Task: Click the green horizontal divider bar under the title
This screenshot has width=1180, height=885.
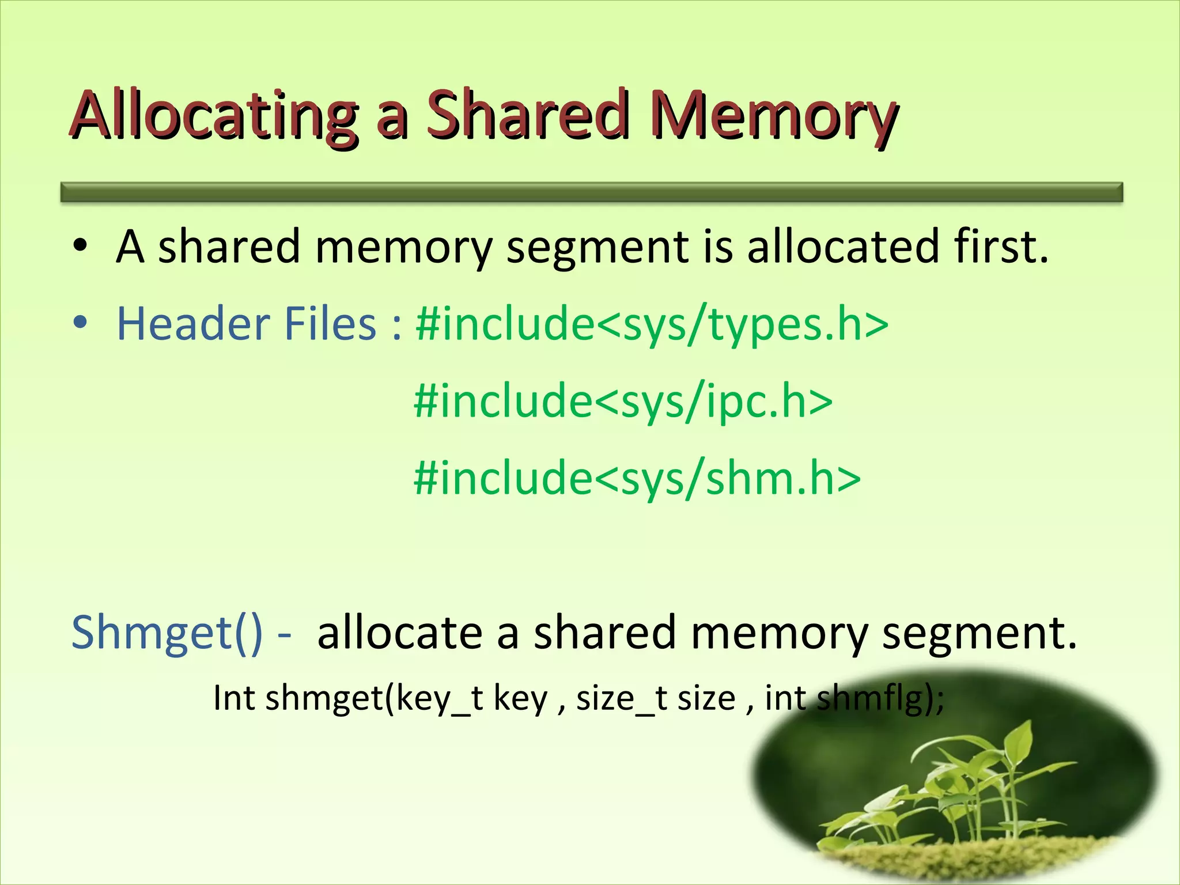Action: (592, 192)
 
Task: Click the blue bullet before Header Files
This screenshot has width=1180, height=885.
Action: (80, 324)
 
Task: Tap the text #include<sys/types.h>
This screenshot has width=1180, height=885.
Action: (652, 324)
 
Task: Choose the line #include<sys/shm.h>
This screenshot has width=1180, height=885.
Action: (637, 478)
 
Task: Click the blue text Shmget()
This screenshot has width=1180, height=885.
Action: (167, 633)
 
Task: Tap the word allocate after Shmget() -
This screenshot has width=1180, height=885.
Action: (400, 633)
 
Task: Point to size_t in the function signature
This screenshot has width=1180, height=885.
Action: (622, 699)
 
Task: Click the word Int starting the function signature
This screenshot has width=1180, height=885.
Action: (234, 698)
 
